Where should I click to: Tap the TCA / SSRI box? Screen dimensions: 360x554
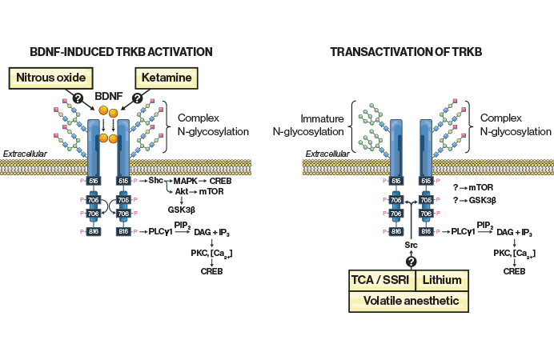tap(382, 280)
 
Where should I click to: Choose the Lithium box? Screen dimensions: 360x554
tap(442, 280)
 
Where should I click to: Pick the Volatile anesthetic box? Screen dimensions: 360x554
tap(409, 302)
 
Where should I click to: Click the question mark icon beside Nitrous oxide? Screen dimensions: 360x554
tap(78, 98)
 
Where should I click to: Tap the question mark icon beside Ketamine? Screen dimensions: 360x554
tap(137, 98)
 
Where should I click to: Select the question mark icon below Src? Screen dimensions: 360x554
tap(411, 262)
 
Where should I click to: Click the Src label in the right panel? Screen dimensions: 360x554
tap(411, 244)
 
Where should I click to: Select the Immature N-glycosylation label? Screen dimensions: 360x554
tap(318, 124)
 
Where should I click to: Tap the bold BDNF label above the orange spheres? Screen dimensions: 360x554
tap(108, 95)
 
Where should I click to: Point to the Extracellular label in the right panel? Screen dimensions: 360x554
tap(327, 154)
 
